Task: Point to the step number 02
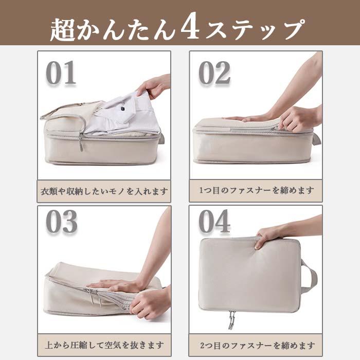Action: click(214, 74)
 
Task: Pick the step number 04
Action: click(214, 222)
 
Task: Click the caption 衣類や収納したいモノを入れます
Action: click(104, 191)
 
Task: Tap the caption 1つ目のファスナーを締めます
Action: click(256, 191)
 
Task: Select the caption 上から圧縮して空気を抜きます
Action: click(104, 345)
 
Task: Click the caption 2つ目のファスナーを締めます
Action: click(256, 345)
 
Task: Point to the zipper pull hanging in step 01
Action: click(80, 143)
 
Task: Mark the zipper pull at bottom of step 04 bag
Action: click(231, 320)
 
